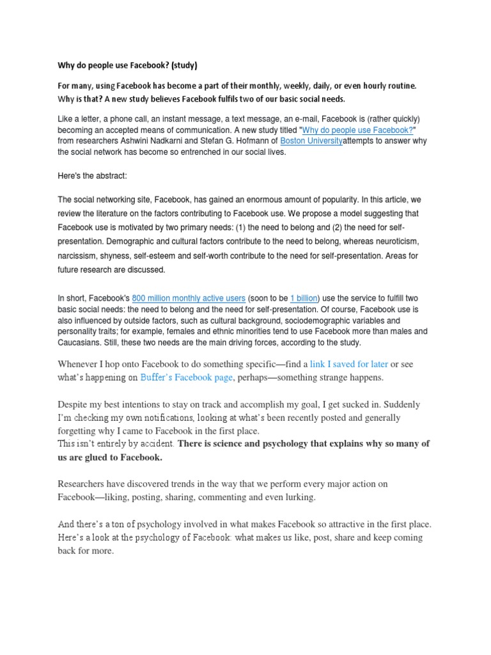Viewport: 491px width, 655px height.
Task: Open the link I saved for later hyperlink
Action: (x=349, y=364)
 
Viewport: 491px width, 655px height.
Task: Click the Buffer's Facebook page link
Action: (x=186, y=378)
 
